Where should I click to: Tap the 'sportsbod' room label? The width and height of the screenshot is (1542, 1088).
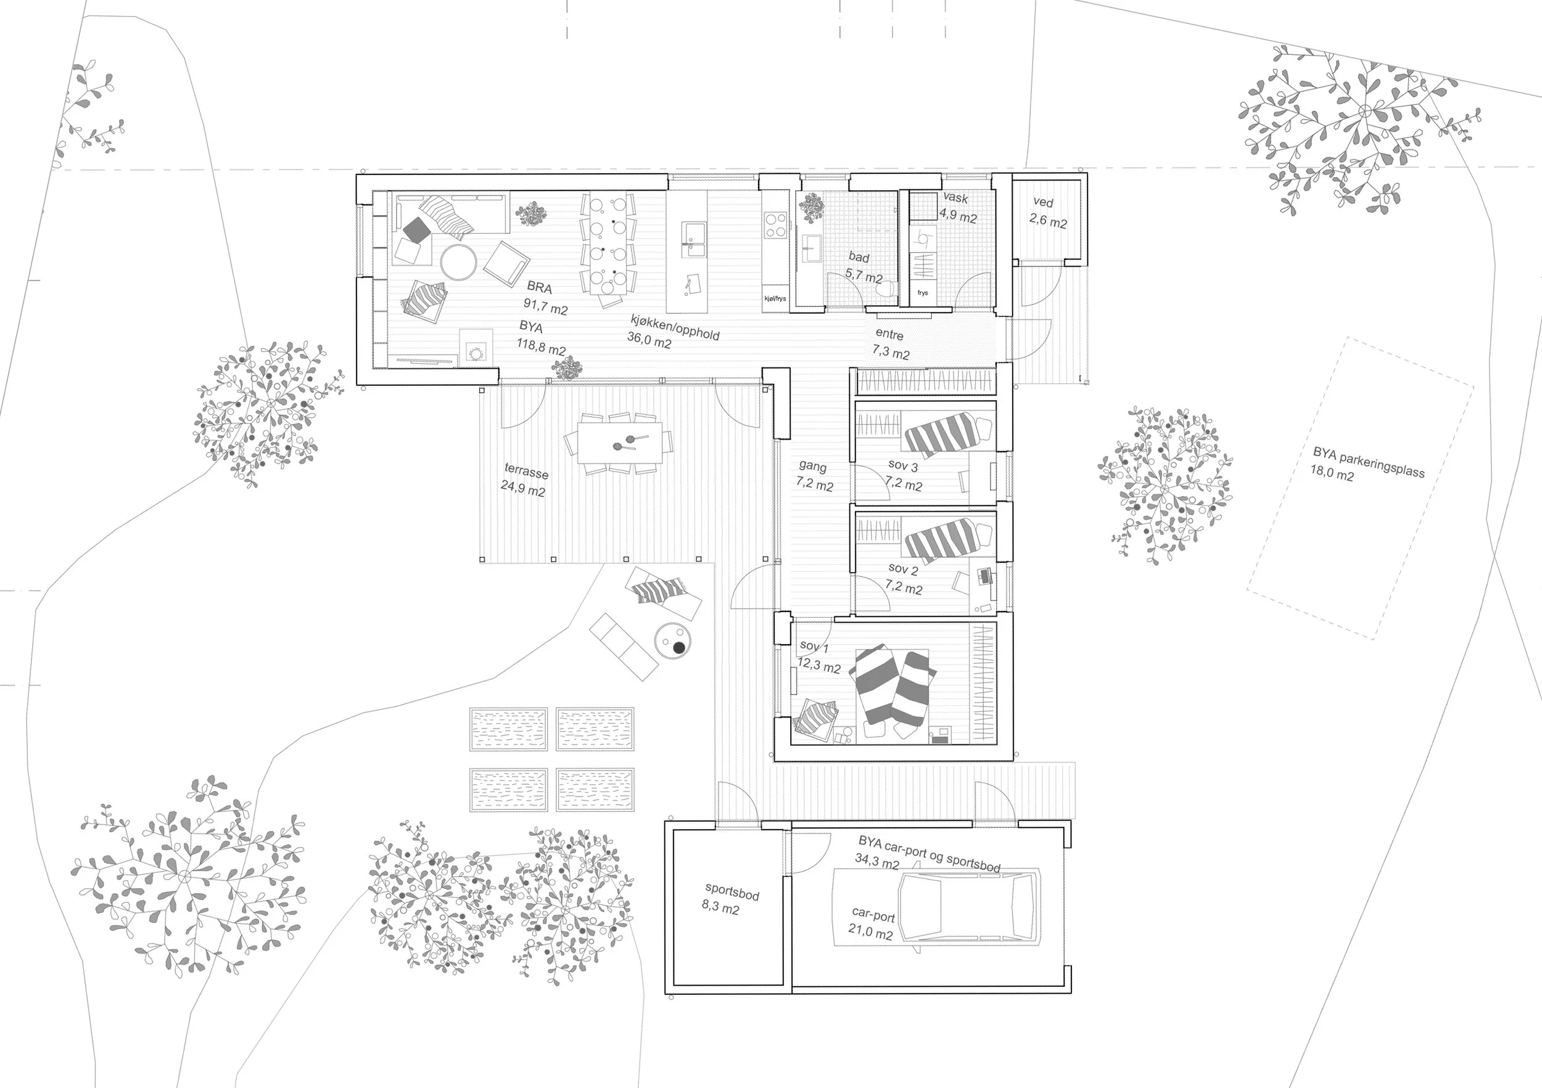tap(732, 893)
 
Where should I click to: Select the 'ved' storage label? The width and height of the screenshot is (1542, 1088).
tap(1043, 202)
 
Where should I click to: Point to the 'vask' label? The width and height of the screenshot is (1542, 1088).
tap(955, 198)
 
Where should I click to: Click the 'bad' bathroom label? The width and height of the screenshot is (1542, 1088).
tap(859, 257)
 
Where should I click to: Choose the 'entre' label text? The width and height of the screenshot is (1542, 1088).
tap(889, 334)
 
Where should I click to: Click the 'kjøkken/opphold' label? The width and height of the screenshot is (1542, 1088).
tap(674, 327)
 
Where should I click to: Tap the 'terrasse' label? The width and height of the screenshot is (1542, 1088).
tap(526, 471)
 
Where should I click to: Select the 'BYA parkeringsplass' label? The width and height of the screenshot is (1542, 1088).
tap(1369, 462)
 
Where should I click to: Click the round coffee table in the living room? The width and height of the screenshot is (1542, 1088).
tap(459, 261)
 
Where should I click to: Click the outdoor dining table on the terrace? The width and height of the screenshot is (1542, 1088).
tap(619, 443)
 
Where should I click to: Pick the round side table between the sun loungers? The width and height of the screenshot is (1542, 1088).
tap(672, 641)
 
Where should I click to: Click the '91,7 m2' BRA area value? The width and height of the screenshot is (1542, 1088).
tap(545, 308)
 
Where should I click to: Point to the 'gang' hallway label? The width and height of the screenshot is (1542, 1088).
tap(813, 466)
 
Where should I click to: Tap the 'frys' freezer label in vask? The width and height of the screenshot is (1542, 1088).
tap(923, 293)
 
